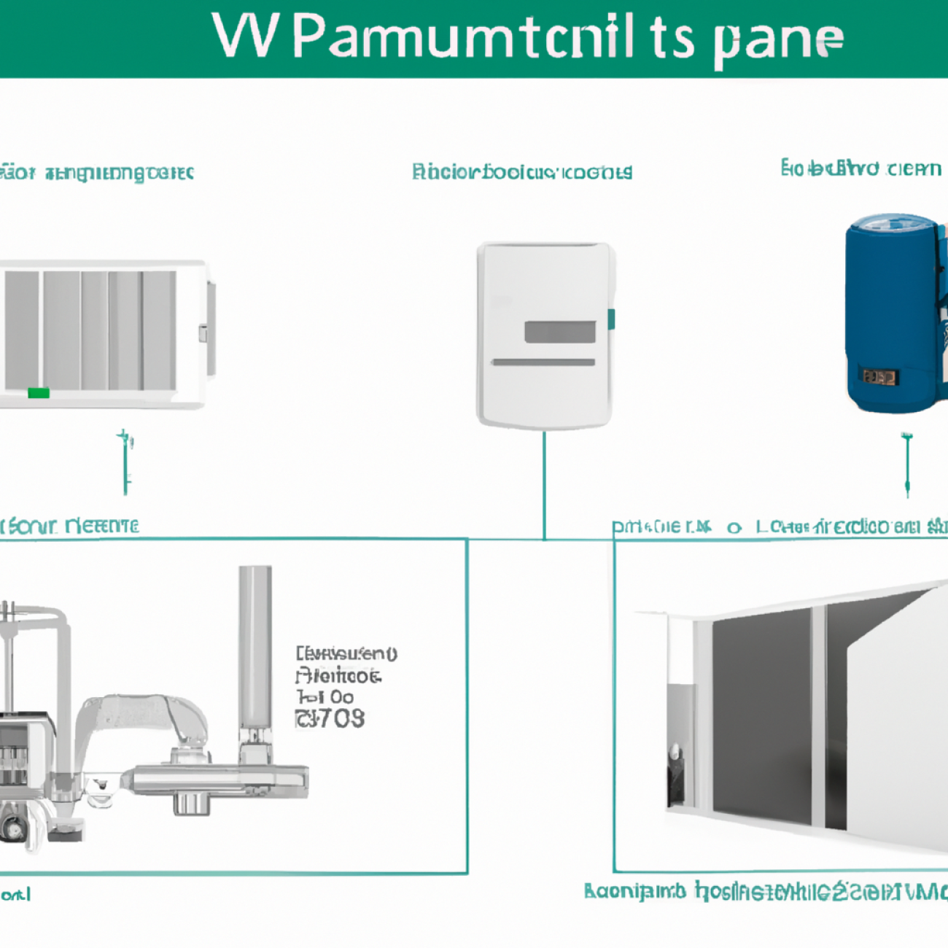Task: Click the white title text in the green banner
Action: (x=528, y=38)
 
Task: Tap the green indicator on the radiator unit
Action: (x=38, y=393)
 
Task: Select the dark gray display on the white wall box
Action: (x=559, y=332)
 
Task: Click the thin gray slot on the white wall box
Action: (x=543, y=362)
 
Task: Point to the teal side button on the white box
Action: (x=611, y=319)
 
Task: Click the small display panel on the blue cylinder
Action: (x=879, y=377)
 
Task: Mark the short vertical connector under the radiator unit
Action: (x=125, y=462)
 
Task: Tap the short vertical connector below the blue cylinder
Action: (x=907, y=464)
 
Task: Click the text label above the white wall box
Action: (x=521, y=172)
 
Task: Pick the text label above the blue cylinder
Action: (x=860, y=168)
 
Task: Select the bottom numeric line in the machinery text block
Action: (x=330, y=718)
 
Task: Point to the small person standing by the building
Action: (x=675, y=773)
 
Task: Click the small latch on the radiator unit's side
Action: (x=203, y=334)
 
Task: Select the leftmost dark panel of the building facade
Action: (x=760, y=718)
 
